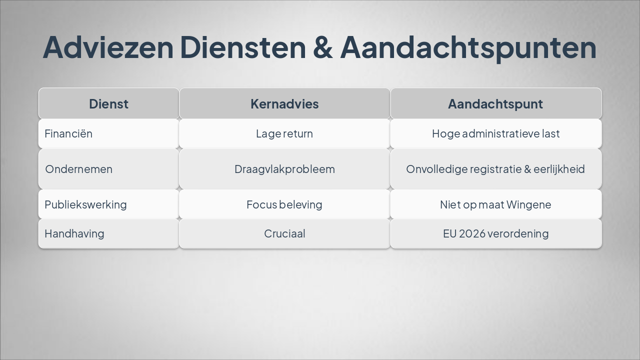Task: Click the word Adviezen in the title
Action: [108, 47]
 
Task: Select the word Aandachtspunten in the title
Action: [468, 47]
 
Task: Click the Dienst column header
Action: [108, 104]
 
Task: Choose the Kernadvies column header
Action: [284, 104]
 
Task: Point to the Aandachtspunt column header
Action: [495, 104]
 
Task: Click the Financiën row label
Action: [68, 133]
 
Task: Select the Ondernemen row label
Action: [78, 169]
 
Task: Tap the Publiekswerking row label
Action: [85, 204]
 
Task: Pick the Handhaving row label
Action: [74, 233]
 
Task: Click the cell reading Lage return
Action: [284, 133]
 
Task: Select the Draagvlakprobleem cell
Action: [284, 169]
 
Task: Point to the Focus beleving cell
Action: [284, 204]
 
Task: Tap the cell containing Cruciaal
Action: [284, 233]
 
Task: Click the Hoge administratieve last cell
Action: [495, 133]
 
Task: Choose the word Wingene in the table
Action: [528, 204]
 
